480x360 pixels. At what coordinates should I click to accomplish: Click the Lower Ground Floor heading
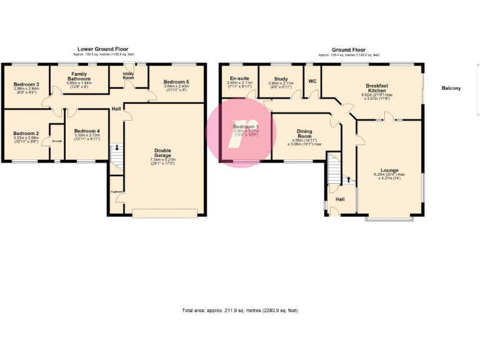pyautogui.click(x=103, y=49)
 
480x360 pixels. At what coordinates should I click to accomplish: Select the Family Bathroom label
pyautogui.click(x=79, y=76)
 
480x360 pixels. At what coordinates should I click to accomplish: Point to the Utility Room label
pyautogui.click(x=128, y=75)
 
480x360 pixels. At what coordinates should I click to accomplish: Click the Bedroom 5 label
pyautogui.click(x=176, y=82)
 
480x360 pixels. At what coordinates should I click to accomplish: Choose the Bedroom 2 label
pyautogui.click(x=26, y=133)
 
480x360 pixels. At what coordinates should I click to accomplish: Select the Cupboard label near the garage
pyautogui.click(x=116, y=192)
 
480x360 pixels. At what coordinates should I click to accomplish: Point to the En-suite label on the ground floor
pyautogui.click(x=239, y=78)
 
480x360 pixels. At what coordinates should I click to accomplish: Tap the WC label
pyautogui.click(x=312, y=81)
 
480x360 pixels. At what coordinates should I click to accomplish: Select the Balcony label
pyautogui.click(x=451, y=88)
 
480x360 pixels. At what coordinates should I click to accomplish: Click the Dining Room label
pyautogui.click(x=304, y=134)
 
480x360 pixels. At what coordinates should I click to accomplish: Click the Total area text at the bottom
pyautogui.click(x=240, y=310)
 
